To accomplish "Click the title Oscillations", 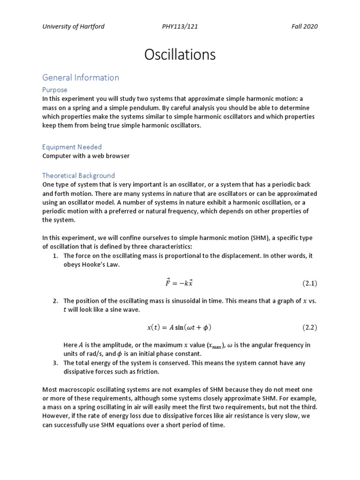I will (x=180, y=55).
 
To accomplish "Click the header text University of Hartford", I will (x=73, y=26).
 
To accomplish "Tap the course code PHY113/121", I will (x=180, y=26).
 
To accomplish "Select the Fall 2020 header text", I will (x=304, y=26).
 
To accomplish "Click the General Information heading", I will (x=81, y=77).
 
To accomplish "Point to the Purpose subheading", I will (x=55, y=90).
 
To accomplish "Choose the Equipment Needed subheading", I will (x=72, y=147).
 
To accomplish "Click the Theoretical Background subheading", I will (x=79, y=176).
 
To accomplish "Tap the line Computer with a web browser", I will (x=86, y=156).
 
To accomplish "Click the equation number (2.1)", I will (x=309, y=283).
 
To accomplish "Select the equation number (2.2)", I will (x=309, y=327).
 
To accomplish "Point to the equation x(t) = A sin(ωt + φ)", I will (x=180, y=327).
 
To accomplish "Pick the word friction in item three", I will (x=148, y=372).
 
